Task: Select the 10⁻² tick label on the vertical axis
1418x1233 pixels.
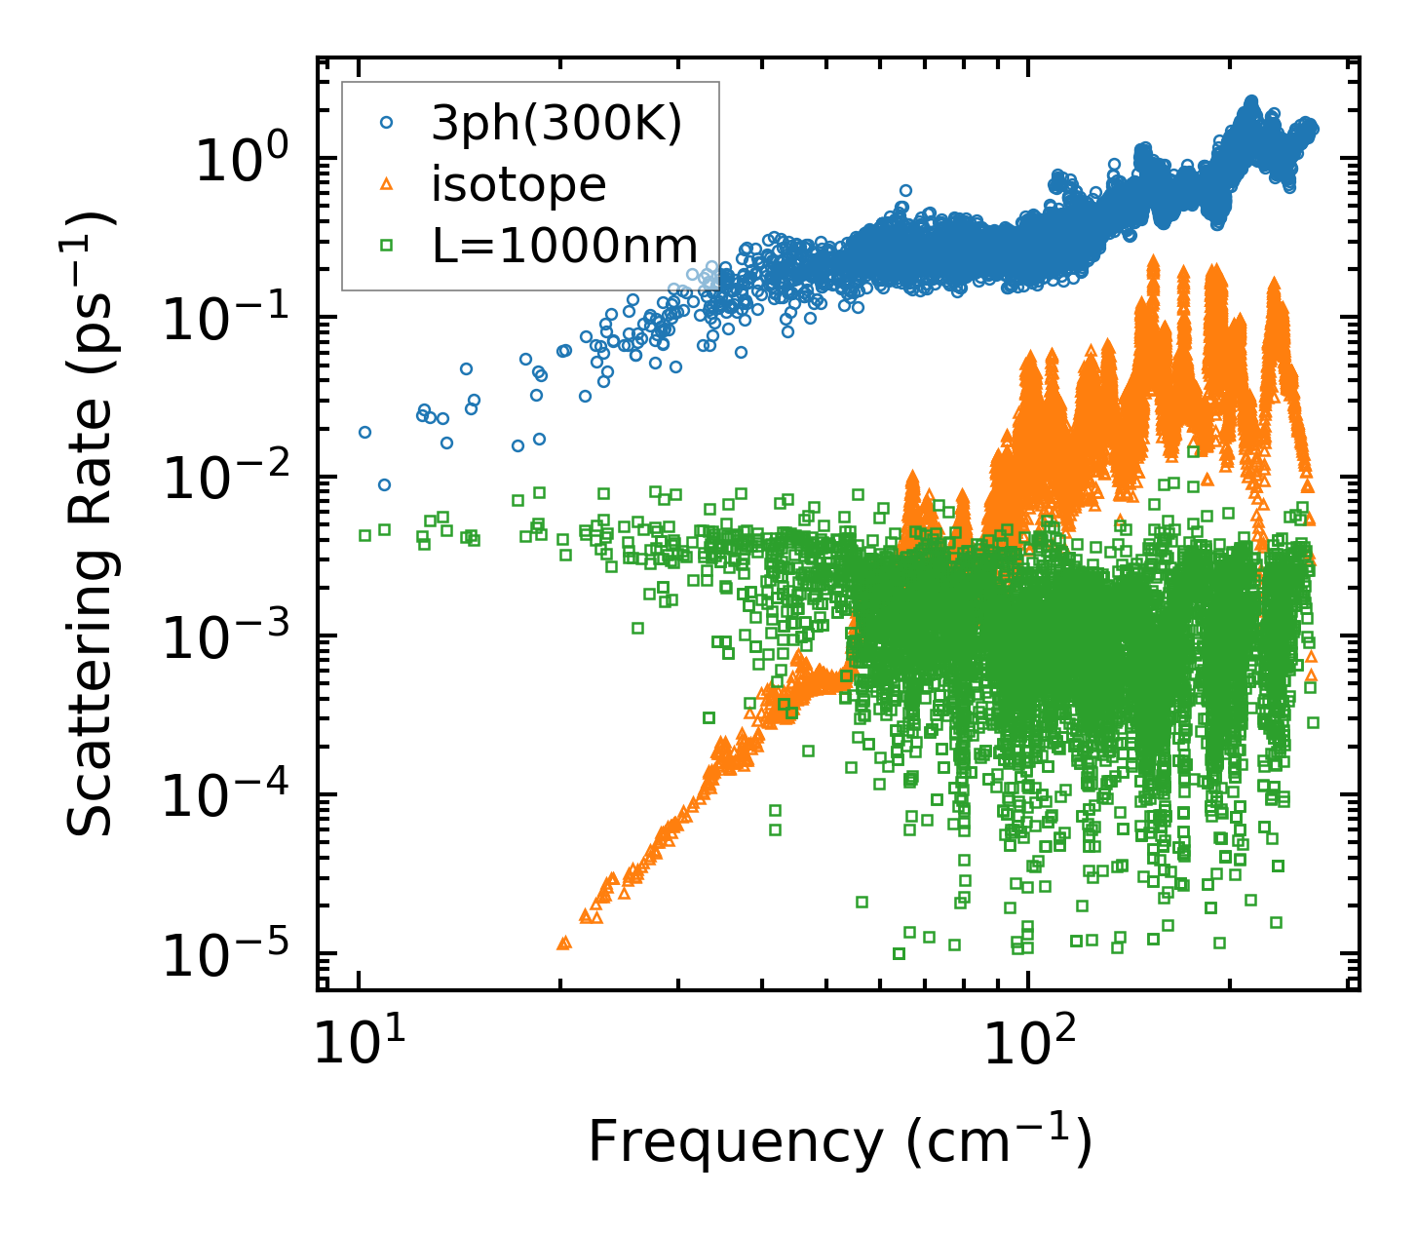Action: [230, 478]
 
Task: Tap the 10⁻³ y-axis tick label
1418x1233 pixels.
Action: [230, 636]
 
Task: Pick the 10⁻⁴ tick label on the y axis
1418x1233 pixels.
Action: [230, 795]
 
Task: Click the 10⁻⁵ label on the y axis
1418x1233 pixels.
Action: [230, 954]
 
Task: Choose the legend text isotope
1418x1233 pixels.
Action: [518, 184]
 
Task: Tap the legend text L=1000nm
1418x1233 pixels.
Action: [565, 246]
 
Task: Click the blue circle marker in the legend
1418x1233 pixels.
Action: [387, 123]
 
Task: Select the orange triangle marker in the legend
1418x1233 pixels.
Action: [387, 184]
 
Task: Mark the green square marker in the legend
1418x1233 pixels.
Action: [387, 246]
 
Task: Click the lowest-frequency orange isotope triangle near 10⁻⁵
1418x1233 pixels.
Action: [562, 943]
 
